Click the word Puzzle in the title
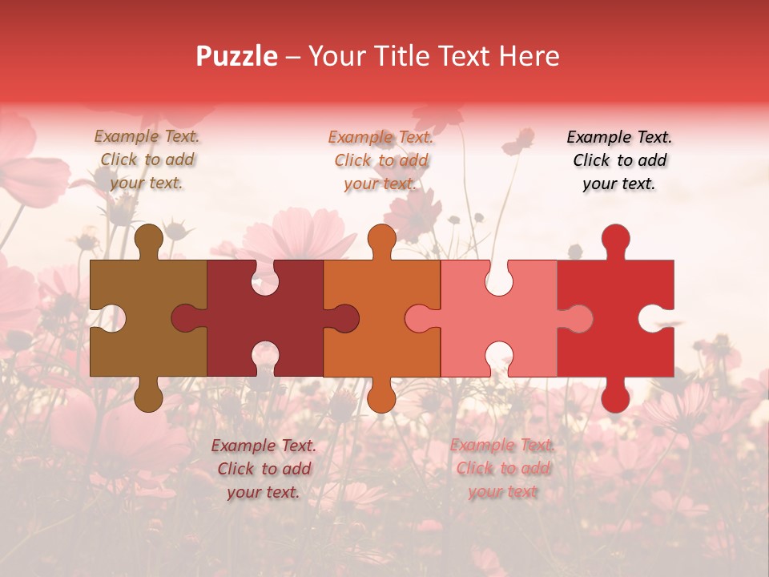pos(237,56)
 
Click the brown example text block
pos(147,159)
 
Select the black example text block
pos(619,159)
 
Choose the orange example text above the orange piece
pos(381,160)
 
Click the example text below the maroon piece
pos(264,469)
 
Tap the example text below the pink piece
pos(502,469)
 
